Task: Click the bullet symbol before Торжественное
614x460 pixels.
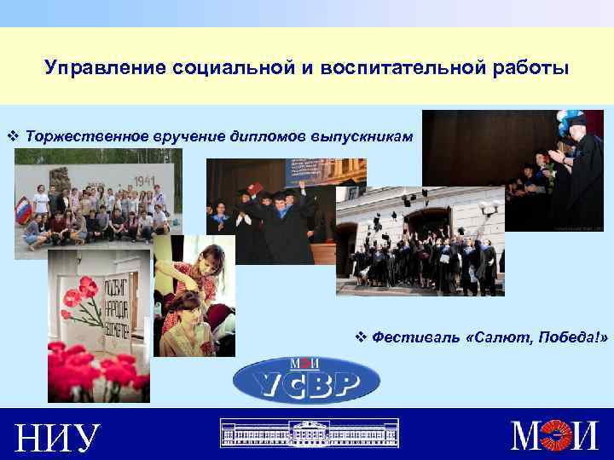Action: [x=13, y=136]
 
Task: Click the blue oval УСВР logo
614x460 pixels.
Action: [x=306, y=379]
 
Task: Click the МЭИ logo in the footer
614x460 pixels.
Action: [x=553, y=435]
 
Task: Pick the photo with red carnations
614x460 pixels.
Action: [x=98, y=324]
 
